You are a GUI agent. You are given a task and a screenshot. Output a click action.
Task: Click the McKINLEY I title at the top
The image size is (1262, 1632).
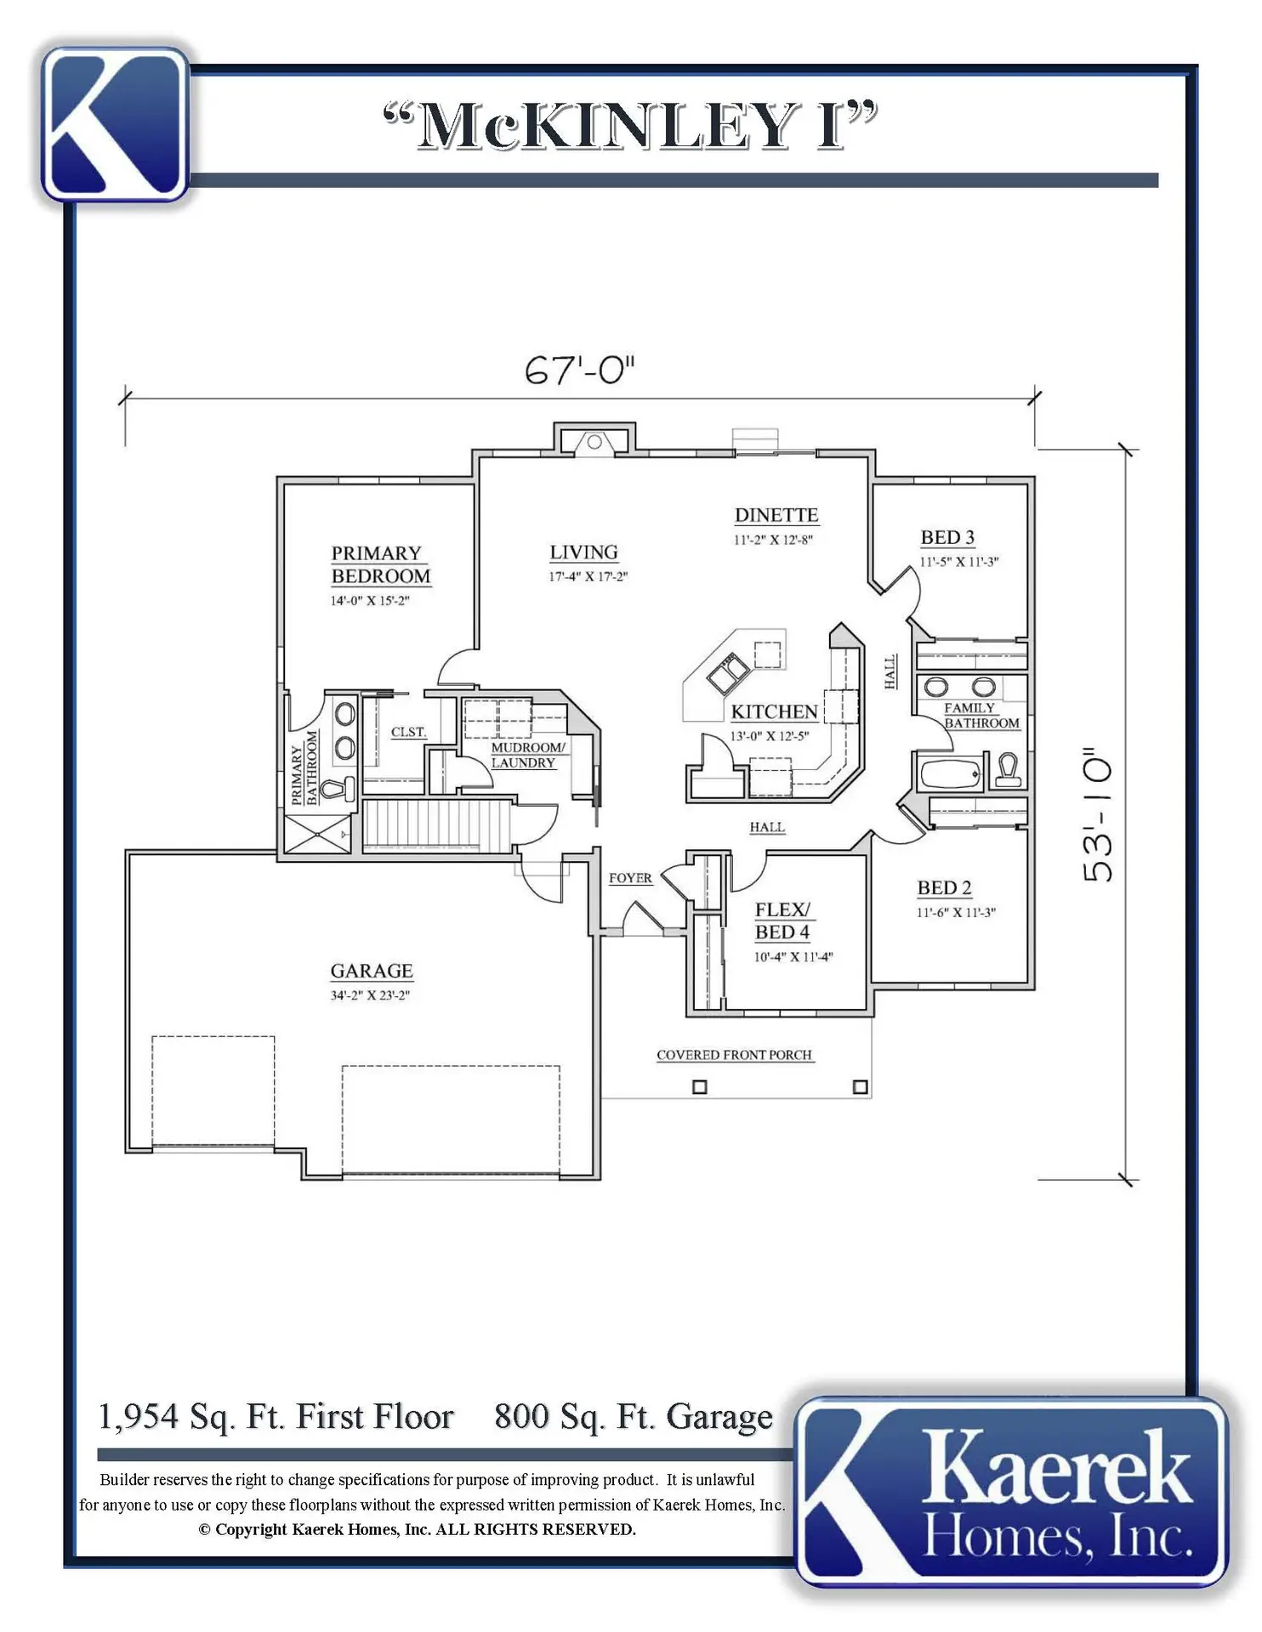[x=629, y=127]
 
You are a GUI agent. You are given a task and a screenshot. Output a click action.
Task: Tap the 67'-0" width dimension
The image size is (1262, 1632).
[x=580, y=370]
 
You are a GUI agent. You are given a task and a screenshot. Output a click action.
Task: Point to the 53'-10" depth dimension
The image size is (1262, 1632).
[x=1097, y=815]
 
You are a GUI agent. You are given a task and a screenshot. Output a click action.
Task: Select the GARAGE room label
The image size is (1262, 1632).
[x=372, y=971]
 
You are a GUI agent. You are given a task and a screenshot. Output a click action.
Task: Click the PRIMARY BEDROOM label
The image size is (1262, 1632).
[x=381, y=564]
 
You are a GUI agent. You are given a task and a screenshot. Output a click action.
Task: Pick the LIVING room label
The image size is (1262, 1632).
[x=583, y=552]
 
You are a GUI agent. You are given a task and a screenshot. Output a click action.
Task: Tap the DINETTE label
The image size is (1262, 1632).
[x=776, y=515]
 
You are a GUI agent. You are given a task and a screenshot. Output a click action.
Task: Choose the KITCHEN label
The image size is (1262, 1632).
[x=775, y=711]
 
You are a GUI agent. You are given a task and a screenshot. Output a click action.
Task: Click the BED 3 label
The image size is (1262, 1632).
[x=947, y=537]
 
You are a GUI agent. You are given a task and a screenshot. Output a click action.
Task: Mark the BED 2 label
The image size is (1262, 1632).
[x=944, y=887]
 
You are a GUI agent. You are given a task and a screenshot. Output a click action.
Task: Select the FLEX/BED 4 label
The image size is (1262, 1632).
[x=782, y=921]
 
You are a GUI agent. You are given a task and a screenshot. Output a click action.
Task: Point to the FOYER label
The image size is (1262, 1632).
[x=630, y=878]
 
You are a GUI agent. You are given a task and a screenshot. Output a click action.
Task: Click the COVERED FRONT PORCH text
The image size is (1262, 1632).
[x=734, y=1055]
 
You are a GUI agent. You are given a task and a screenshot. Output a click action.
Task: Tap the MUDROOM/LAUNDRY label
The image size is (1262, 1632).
[x=528, y=755]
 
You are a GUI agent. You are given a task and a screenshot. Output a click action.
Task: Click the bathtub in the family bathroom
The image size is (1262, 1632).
[x=951, y=773]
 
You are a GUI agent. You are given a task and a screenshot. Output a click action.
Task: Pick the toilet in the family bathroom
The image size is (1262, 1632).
[x=1009, y=770]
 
